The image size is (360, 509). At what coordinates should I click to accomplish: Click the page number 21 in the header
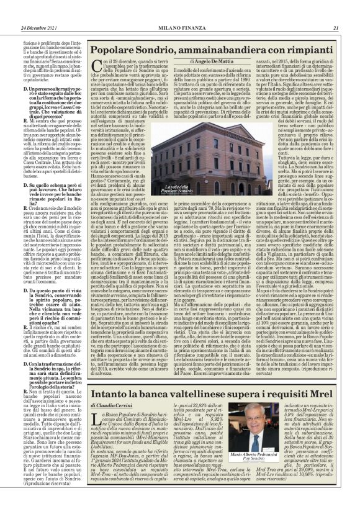[335, 27]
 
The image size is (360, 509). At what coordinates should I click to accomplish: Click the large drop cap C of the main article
[97, 66]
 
